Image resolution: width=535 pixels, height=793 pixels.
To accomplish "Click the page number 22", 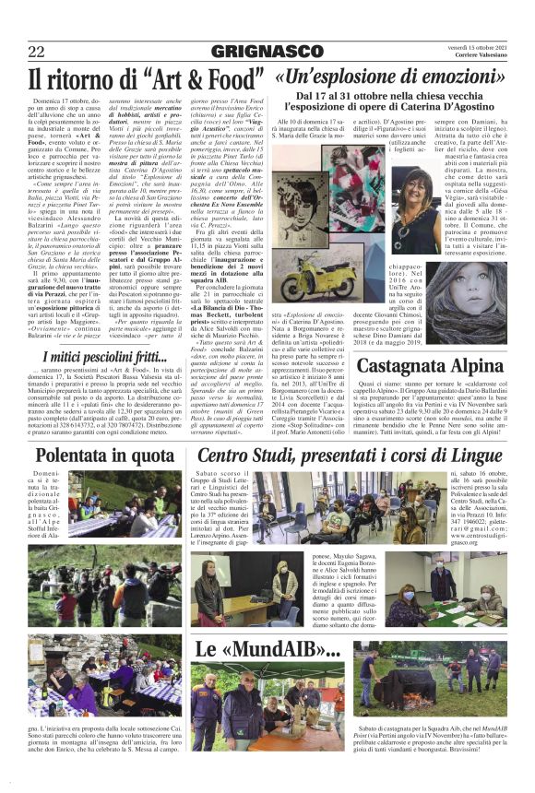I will coord(36,51).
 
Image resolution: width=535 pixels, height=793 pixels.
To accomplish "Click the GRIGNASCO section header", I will coord(267,50).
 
